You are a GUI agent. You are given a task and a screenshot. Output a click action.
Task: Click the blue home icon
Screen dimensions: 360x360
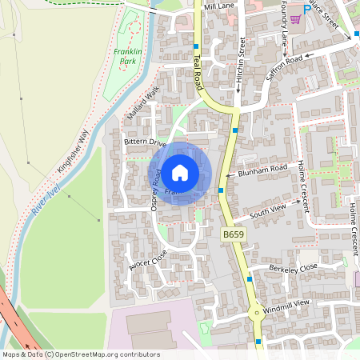[x=180, y=173]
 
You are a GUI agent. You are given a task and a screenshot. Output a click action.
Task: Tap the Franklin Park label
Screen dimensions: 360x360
[x=127, y=55]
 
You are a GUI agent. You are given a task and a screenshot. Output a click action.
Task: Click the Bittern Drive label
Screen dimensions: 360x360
[x=144, y=142]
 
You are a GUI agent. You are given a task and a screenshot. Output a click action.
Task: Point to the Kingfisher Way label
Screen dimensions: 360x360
[x=73, y=152]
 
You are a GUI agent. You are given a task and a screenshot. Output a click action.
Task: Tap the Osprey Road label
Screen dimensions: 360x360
[x=156, y=194]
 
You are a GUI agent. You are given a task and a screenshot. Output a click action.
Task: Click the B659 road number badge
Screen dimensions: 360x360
[x=232, y=234]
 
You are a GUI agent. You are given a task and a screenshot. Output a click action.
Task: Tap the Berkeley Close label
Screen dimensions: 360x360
[x=293, y=267]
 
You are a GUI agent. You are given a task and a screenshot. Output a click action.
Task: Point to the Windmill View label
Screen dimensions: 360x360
[x=290, y=304]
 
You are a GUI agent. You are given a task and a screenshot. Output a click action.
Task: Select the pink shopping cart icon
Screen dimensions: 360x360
[x=295, y=18]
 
